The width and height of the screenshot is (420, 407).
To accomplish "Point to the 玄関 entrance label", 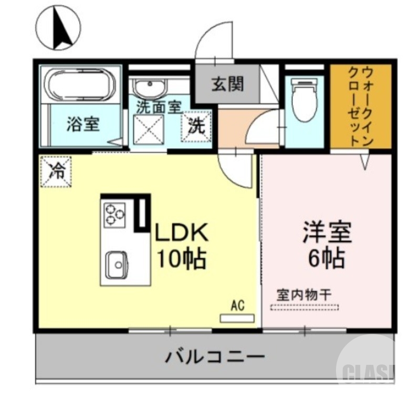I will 228,84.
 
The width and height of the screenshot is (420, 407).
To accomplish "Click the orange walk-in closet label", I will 361,105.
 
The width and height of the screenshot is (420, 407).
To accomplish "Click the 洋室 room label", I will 325,232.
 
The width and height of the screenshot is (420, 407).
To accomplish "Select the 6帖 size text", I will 325,258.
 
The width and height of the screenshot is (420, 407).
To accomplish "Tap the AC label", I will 237,306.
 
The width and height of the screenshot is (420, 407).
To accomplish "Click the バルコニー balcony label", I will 215,358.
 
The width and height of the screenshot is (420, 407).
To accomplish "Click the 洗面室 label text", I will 159,106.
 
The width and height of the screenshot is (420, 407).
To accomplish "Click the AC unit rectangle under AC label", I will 236,319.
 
